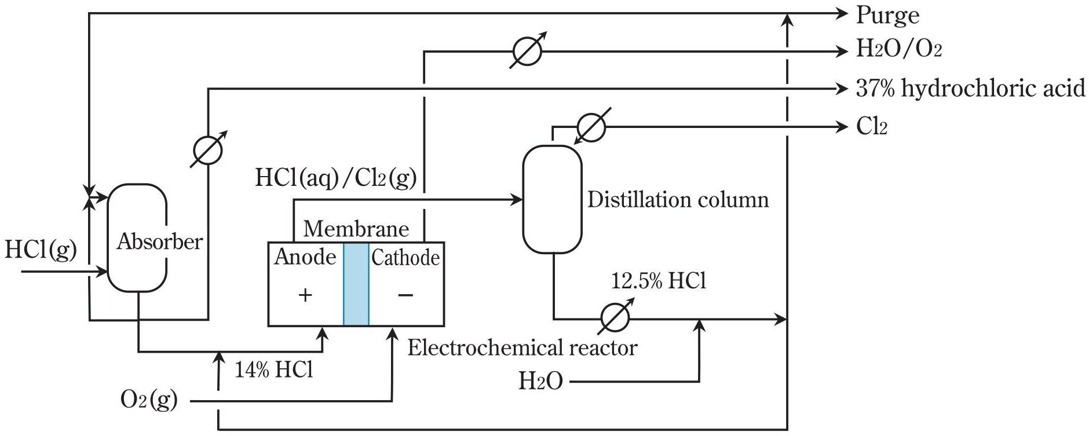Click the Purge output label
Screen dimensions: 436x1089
(887, 16)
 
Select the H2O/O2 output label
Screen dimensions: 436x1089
(898, 49)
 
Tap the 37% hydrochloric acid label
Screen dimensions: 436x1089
(970, 89)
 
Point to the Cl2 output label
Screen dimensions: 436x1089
(871, 126)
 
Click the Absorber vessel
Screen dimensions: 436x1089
(137, 237)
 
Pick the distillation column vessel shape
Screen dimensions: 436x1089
(552, 199)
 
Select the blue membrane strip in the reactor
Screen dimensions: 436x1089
(356, 284)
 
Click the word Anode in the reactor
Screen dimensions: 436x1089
(305, 257)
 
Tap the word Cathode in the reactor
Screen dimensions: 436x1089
(405, 258)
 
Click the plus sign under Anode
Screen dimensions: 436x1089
(305, 295)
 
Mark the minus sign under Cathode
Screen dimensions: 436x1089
(405, 295)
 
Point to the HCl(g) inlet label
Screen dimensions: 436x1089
(41, 250)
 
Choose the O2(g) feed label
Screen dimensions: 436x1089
(149, 400)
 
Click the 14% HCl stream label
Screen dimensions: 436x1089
(273, 369)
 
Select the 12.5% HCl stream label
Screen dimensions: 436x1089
(659, 281)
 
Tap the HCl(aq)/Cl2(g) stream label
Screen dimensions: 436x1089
(336, 177)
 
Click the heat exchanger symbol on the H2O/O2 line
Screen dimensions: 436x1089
(528, 51)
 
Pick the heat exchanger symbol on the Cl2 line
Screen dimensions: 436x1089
(591, 126)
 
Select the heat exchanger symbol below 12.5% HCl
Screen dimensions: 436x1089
(615, 317)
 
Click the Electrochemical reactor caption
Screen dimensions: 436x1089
(522, 347)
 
